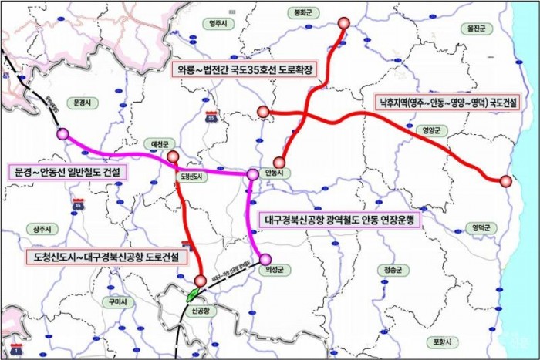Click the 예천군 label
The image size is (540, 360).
coord(160,144)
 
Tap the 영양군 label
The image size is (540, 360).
coord(426,130)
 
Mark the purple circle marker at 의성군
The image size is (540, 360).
coord(265,259)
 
